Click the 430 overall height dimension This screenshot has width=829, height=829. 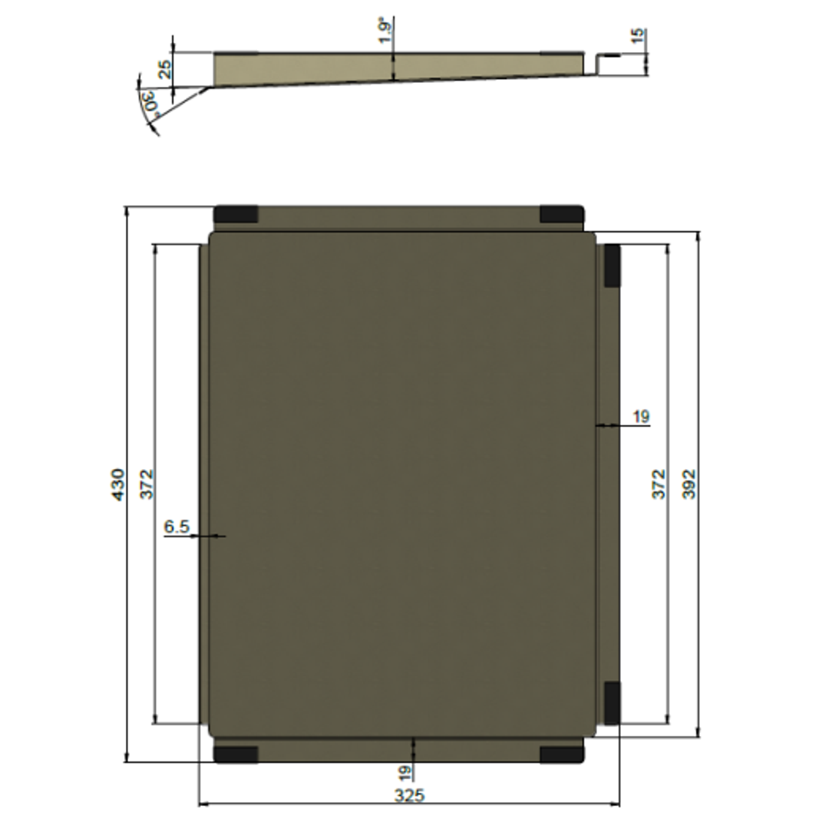click(117, 484)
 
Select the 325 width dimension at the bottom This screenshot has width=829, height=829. click(409, 795)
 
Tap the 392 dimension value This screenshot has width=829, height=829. click(689, 484)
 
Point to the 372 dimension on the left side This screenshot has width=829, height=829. click(147, 484)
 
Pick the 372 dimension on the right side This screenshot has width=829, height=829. click(659, 484)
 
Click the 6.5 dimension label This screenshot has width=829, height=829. click(177, 527)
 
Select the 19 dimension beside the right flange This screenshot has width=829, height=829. click(641, 417)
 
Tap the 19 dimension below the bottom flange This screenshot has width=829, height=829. click(405, 771)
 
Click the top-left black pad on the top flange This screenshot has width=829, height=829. click(236, 214)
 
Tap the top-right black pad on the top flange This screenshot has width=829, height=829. click(561, 214)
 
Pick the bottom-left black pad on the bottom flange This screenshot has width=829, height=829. click(236, 754)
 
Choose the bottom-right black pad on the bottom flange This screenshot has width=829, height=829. click(561, 754)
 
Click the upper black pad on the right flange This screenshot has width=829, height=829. click(612, 266)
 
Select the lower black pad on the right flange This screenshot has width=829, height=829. click(612, 702)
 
